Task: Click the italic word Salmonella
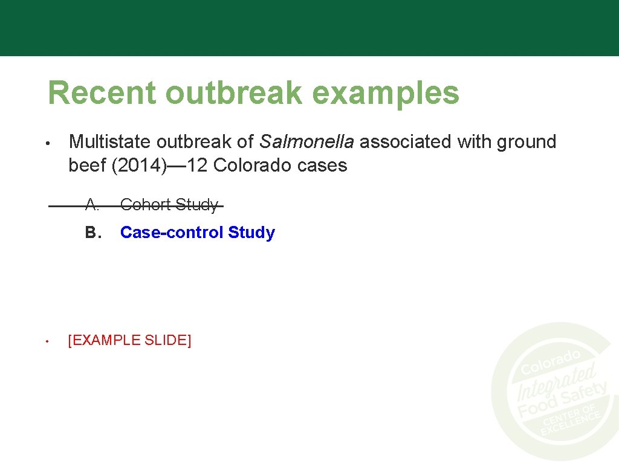coord(306,142)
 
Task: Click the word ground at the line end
coord(527,143)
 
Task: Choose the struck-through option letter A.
coord(92,205)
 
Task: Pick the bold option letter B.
coord(92,233)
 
